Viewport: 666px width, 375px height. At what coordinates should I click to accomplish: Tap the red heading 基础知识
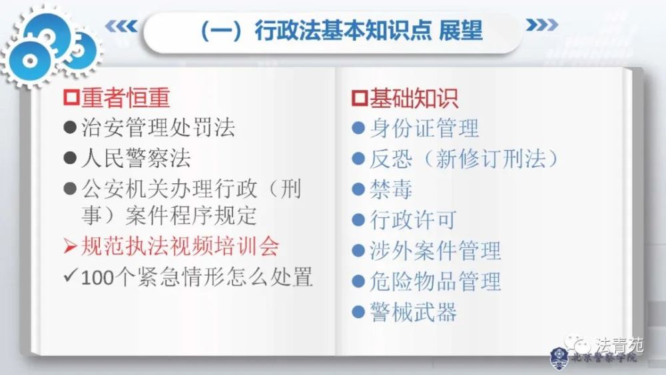click(x=413, y=99)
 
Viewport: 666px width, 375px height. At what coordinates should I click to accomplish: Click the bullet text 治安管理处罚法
click(x=158, y=128)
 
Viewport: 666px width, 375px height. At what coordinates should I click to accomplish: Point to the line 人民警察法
click(x=136, y=159)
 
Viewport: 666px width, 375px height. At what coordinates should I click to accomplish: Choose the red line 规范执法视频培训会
click(x=179, y=246)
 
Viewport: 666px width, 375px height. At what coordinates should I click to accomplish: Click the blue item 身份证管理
click(x=424, y=128)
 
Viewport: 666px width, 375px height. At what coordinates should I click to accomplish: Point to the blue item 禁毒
click(x=391, y=189)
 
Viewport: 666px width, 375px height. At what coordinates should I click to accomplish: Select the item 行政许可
click(x=413, y=220)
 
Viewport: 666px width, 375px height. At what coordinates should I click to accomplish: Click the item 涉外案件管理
click(x=435, y=251)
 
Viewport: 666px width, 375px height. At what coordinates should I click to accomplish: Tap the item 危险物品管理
click(x=435, y=282)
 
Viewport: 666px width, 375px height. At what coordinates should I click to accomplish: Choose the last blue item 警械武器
click(x=413, y=312)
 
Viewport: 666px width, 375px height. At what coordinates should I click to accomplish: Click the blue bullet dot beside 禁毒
click(x=358, y=189)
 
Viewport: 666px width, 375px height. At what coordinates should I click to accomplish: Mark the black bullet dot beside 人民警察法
click(x=71, y=159)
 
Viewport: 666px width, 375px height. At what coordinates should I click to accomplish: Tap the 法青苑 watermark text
click(x=619, y=345)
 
